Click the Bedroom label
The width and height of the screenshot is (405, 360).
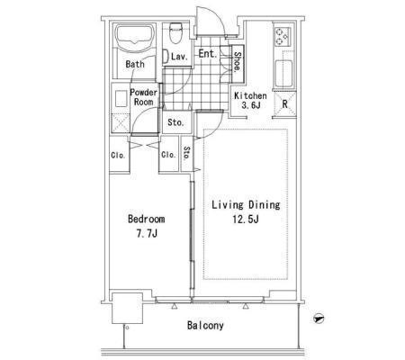pos(147,219)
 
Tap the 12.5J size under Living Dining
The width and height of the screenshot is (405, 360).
pos(246,220)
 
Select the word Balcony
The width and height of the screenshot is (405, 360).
pos(205,326)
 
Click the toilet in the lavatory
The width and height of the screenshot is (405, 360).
pos(175,32)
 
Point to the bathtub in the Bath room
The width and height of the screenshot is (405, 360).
pos(135,38)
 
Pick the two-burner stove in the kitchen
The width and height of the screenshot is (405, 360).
pos(282,36)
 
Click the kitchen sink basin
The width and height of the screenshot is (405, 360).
pos(283,73)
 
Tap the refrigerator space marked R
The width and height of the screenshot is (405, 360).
pos(284,104)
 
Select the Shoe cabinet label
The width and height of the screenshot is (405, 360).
pos(237,62)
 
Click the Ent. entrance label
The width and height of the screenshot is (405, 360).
pos(208,54)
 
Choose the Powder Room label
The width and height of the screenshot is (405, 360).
pos(144,97)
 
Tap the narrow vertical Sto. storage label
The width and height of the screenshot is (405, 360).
pos(186,153)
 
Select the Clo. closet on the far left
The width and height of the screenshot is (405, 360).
pos(118,156)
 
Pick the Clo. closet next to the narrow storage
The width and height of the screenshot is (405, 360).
pos(168,155)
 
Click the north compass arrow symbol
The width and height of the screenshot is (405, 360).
pos(318,318)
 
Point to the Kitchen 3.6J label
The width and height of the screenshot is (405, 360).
pos(250,101)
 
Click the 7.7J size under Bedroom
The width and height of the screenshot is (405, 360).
pos(147,233)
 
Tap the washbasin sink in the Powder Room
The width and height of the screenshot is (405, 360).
pos(121,98)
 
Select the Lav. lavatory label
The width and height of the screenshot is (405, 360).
pos(179,57)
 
